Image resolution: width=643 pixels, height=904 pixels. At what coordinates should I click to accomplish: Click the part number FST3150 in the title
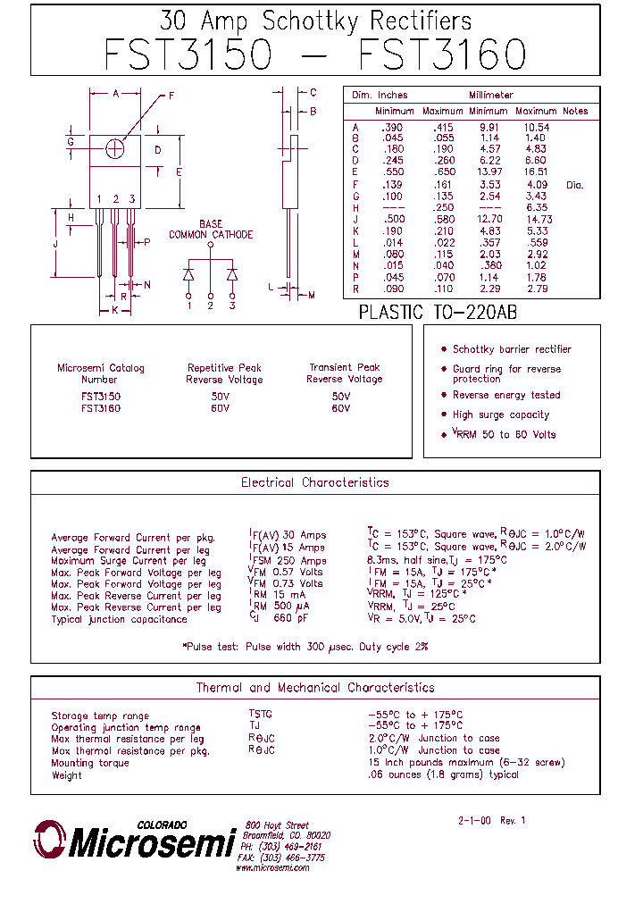point(187,54)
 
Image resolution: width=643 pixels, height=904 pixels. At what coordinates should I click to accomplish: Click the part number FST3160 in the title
point(442,54)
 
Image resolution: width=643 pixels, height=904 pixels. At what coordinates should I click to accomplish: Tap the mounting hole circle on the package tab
point(114,149)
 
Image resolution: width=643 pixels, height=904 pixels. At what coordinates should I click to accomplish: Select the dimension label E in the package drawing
point(180,172)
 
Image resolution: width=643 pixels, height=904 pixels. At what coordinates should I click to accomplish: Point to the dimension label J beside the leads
point(55,243)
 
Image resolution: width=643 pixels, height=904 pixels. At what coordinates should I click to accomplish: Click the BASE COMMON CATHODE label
point(211,230)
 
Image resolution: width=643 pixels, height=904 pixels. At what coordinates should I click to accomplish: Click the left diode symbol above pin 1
point(189,272)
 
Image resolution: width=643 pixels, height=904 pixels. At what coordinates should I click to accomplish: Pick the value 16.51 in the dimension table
point(536,172)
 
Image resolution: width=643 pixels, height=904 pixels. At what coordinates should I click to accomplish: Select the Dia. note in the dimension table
point(574,185)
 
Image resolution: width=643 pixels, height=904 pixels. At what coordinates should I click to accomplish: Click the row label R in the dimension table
point(355,289)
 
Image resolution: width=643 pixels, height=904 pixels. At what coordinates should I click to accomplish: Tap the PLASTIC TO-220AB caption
point(438,313)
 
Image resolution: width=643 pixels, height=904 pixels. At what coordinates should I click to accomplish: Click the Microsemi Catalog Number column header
point(100,373)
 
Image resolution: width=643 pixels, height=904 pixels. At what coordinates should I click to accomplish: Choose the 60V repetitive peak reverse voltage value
point(220,408)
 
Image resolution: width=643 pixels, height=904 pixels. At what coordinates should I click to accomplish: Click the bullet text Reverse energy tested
point(506,395)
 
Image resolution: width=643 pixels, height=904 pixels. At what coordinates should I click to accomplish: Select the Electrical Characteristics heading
point(315,482)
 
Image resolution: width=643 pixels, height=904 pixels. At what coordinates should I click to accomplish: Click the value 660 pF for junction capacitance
point(292,618)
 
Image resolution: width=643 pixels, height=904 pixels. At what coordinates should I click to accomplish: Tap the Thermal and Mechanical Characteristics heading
point(315,688)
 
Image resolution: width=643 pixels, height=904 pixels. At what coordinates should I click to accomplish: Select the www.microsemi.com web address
point(272,867)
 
